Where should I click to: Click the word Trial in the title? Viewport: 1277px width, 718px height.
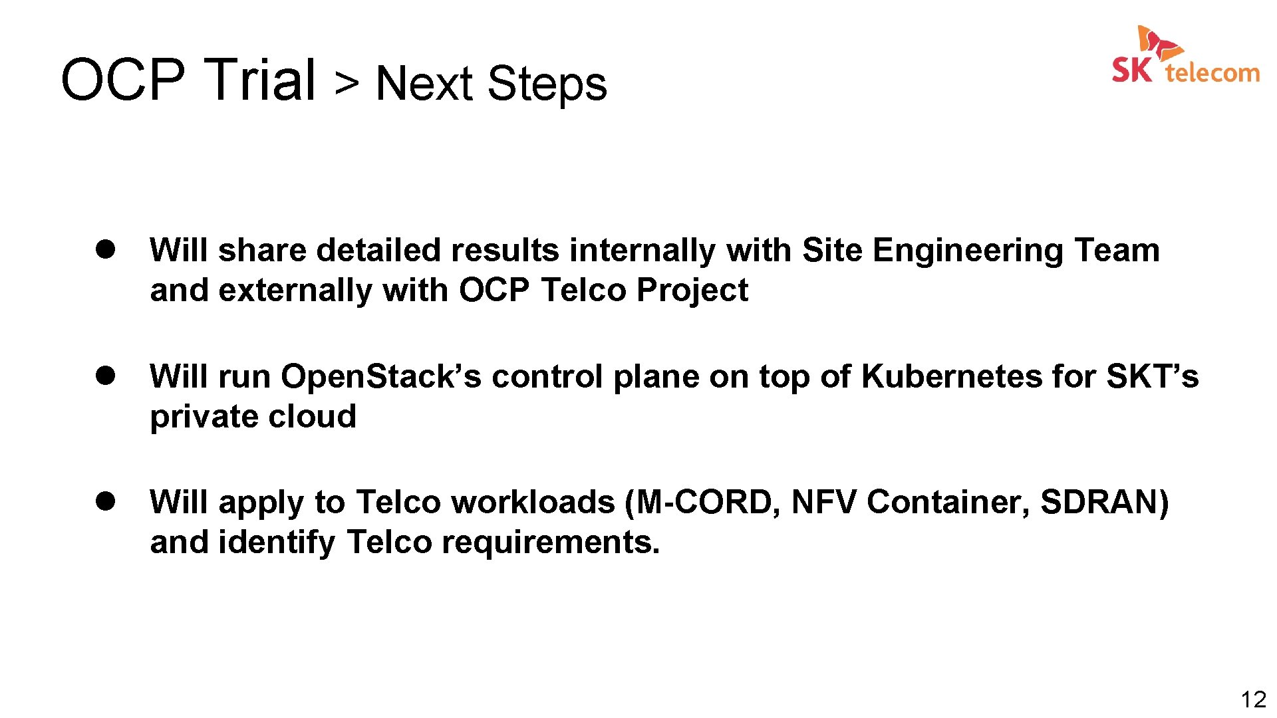[x=259, y=80]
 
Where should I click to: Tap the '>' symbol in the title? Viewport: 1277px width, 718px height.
[x=347, y=83]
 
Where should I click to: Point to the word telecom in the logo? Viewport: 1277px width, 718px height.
[x=1212, y=72]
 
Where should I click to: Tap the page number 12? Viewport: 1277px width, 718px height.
[x=1253, y=699]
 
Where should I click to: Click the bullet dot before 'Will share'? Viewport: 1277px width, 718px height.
[x=105, y=249]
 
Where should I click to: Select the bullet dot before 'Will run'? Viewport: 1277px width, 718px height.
[x=105, y=376]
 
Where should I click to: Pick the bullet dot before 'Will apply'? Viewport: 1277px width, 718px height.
[x=105, y=501]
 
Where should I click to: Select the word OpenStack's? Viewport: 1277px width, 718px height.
[x=380, y=377]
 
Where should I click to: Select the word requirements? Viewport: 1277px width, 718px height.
[x=551, y=542]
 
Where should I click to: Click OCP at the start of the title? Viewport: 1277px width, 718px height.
[x=122, y=80]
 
